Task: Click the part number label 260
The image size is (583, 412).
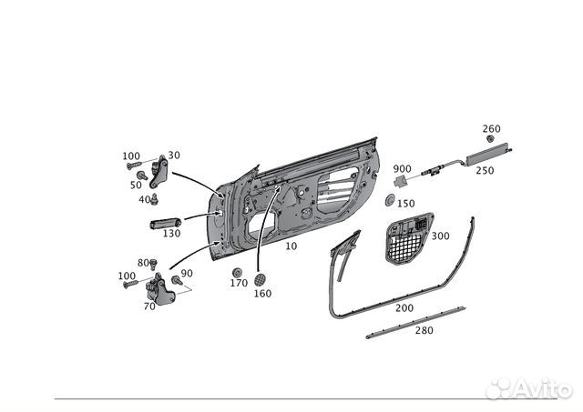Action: click(x=491, y=128)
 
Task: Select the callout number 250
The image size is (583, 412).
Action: click(x=485, y=170)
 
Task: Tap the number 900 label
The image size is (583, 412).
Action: click(x=403, y=169)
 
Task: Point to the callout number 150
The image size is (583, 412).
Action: click(x=405, y=204)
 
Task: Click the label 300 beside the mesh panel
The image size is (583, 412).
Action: click(x=440, y=236)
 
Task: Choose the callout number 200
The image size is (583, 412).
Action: click(x=404, y=308)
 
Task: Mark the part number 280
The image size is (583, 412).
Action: click(x=423, y=330)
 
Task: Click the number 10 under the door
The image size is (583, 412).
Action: click(x=291, y=246)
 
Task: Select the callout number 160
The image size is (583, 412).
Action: click(x=262, y=293)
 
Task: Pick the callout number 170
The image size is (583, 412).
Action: click(x=239, y=283)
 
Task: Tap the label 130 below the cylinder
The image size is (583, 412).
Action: click(x=171, y=234)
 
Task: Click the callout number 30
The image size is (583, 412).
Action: click(x=174, y=156)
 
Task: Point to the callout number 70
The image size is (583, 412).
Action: click(x=149, y=307)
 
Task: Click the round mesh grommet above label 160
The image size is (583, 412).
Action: click(x=261, y=277)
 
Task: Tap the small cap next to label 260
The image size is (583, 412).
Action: click(x=490, y=140)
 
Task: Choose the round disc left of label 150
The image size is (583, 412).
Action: click(x=390, y=200)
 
